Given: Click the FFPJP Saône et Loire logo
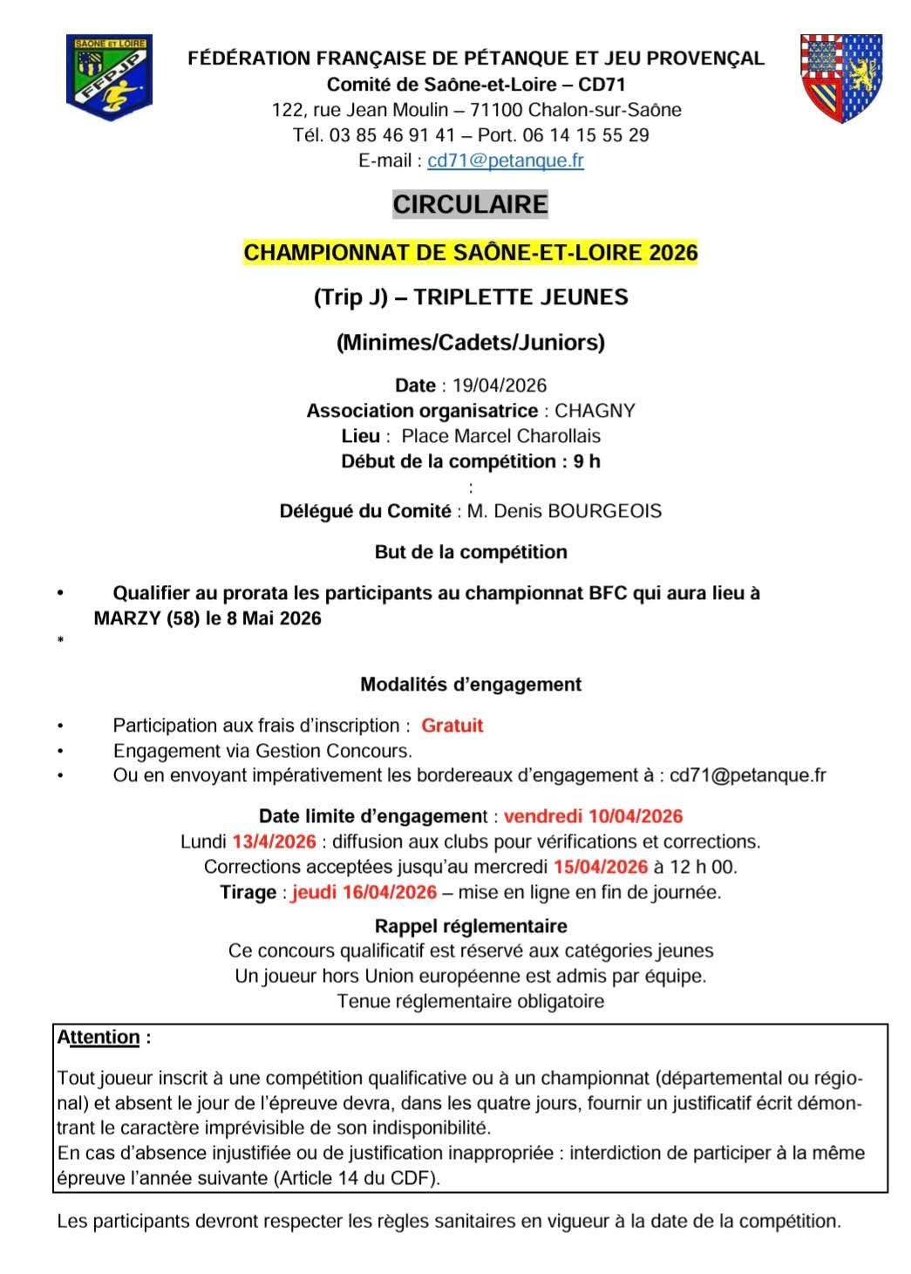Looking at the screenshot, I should point(109,77).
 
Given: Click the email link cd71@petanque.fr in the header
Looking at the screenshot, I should point(506,160).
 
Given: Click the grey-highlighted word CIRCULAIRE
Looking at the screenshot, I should point(471,204).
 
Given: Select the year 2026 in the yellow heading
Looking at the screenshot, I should point(673,253).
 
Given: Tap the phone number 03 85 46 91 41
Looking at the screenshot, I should point(392,135).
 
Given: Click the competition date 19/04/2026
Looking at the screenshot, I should point(500,385).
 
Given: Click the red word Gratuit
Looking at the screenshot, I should point(452,726).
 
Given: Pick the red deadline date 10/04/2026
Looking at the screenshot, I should point(636,816).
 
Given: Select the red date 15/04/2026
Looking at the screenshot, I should point(601,867).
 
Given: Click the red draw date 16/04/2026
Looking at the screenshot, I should point(390,892).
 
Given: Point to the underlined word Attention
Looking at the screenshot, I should point(99,1037).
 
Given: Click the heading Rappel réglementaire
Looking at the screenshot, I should point(471,925).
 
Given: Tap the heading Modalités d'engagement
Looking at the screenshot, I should point(471,685).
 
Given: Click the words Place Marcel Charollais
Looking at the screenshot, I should point(501,436).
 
